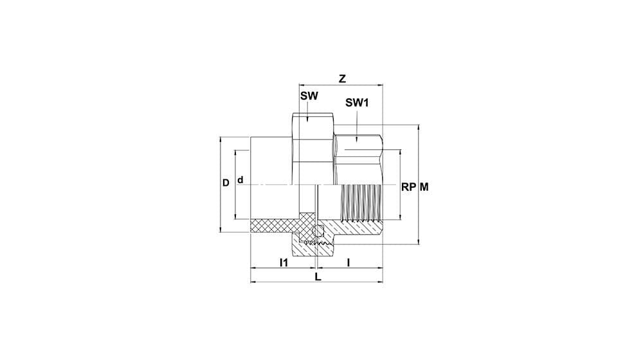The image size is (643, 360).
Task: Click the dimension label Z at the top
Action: click(342, 78)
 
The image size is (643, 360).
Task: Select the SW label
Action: click(309, 96)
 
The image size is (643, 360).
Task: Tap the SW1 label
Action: click(357, 103)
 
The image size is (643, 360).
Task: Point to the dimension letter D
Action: click(226, 183)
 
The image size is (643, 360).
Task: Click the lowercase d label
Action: click(240, 180)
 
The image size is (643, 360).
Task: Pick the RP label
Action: click(408, 187)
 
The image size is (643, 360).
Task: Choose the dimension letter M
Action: click(424, 187)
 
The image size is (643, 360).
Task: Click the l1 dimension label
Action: click(284, 262)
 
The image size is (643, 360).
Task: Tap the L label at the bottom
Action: click(318, 277)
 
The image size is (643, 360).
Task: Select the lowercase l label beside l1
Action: click(349, 262)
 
